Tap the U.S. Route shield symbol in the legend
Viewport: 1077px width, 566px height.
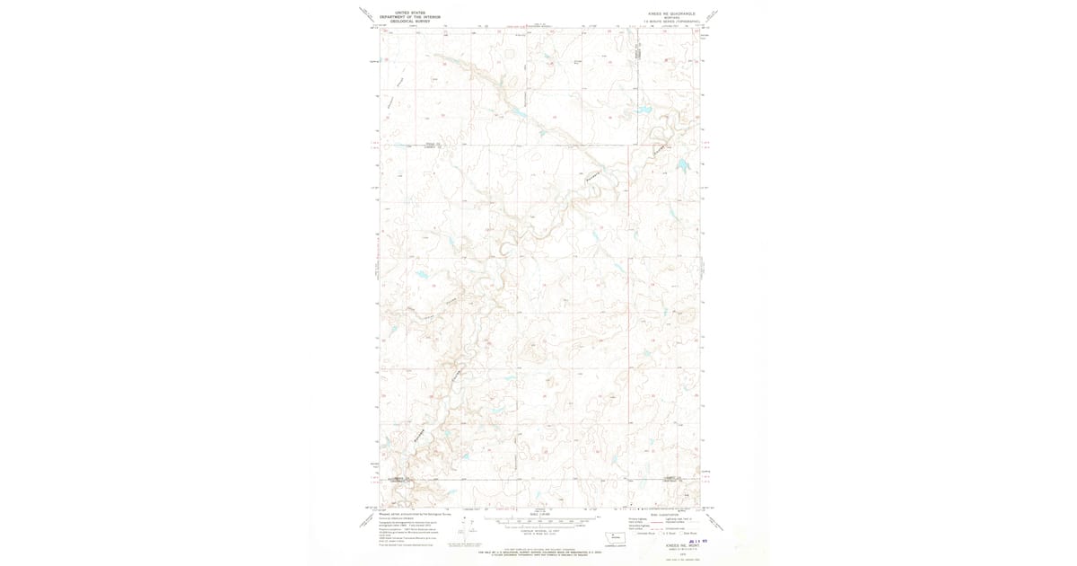tap(662, 534)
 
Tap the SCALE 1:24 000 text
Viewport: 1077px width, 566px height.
tap(538, 513)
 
